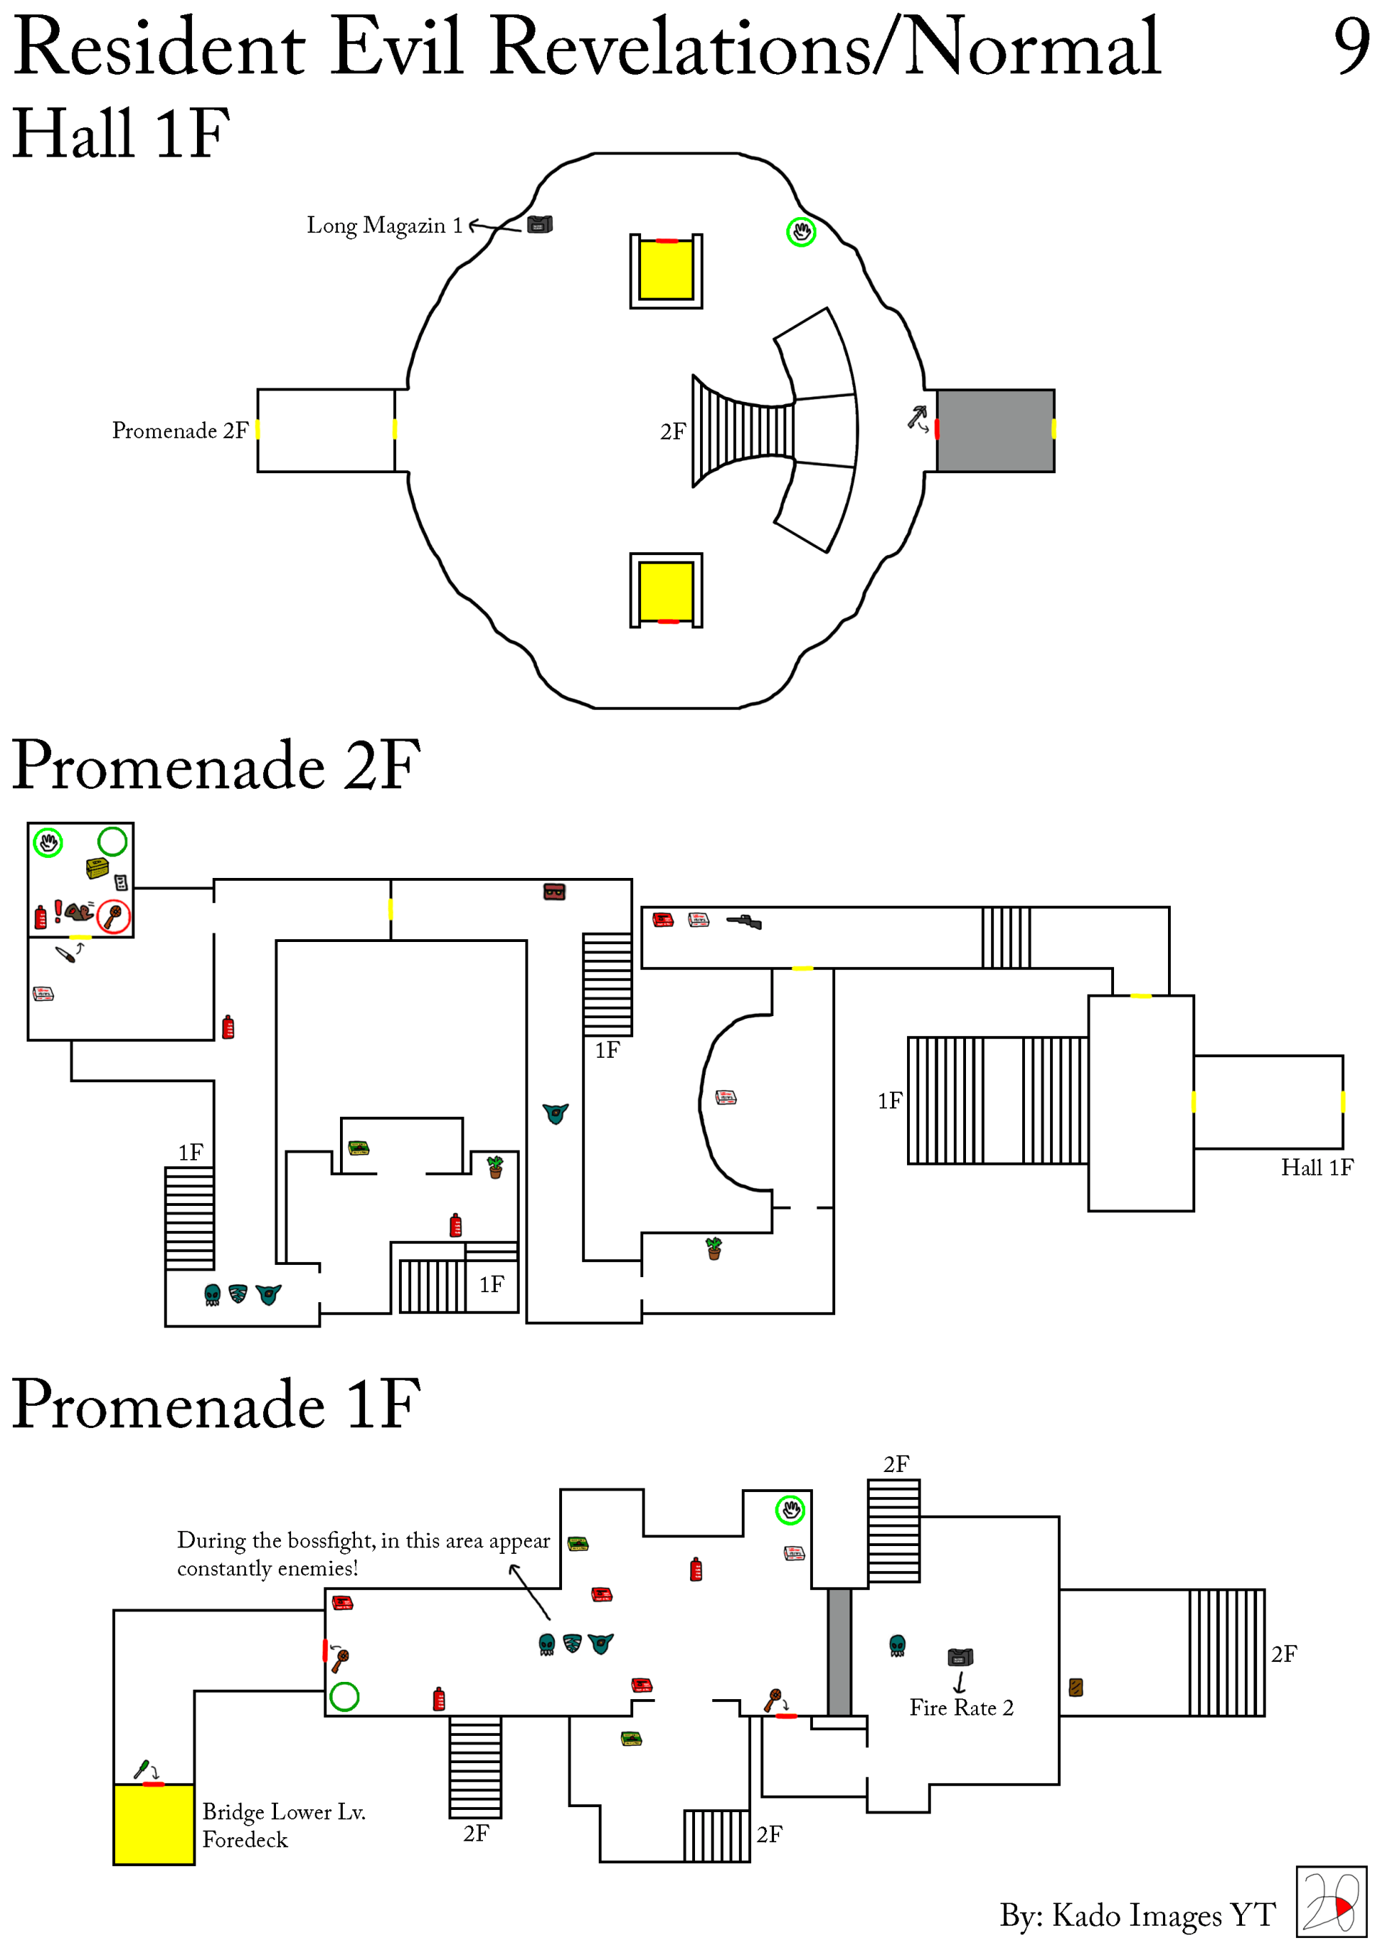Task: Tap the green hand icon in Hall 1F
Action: point(801,232)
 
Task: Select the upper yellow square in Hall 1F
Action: point(666,270)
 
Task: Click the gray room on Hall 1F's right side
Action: point(995,431)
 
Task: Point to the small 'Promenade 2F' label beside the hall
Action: point(180,431)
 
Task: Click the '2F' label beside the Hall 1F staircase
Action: point(673,432)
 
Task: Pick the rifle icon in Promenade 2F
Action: point(744,922)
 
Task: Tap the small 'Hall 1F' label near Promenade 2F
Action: point(1316,1167)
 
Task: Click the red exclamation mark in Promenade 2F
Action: point(57,911)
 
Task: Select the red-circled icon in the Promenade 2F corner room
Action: point(114,916)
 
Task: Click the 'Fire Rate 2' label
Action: point(961,1707)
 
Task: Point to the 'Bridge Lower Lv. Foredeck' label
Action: point(283,1826)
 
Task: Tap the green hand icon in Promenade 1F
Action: point(790,1510)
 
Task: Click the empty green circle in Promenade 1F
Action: point(344,1696)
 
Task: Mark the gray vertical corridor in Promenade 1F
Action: point(839,1651)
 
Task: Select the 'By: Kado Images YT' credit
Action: point(1137,1915)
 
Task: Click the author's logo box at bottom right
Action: point(1330,1901)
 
